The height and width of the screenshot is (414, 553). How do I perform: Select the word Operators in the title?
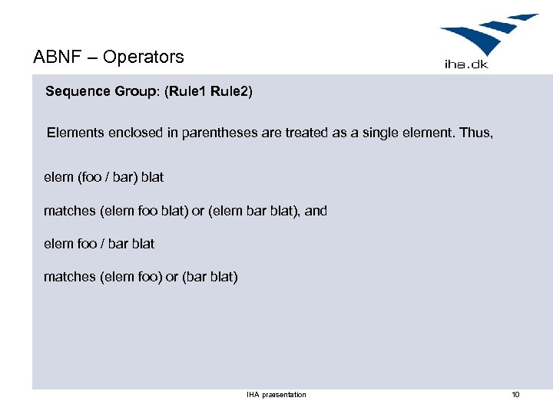coord(144,57)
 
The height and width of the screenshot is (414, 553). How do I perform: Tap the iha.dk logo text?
coord(466,64)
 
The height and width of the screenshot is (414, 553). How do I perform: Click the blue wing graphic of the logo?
coord(488,34)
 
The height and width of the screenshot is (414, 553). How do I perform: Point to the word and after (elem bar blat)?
coord(316,210)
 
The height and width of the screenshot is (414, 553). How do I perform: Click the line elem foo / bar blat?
coord(99,244)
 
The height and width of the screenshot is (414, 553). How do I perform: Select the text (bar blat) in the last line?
coord(210,277)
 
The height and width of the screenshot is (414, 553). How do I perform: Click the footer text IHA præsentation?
coord(276,395)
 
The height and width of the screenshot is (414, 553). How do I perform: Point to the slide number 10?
coord(515,395)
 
